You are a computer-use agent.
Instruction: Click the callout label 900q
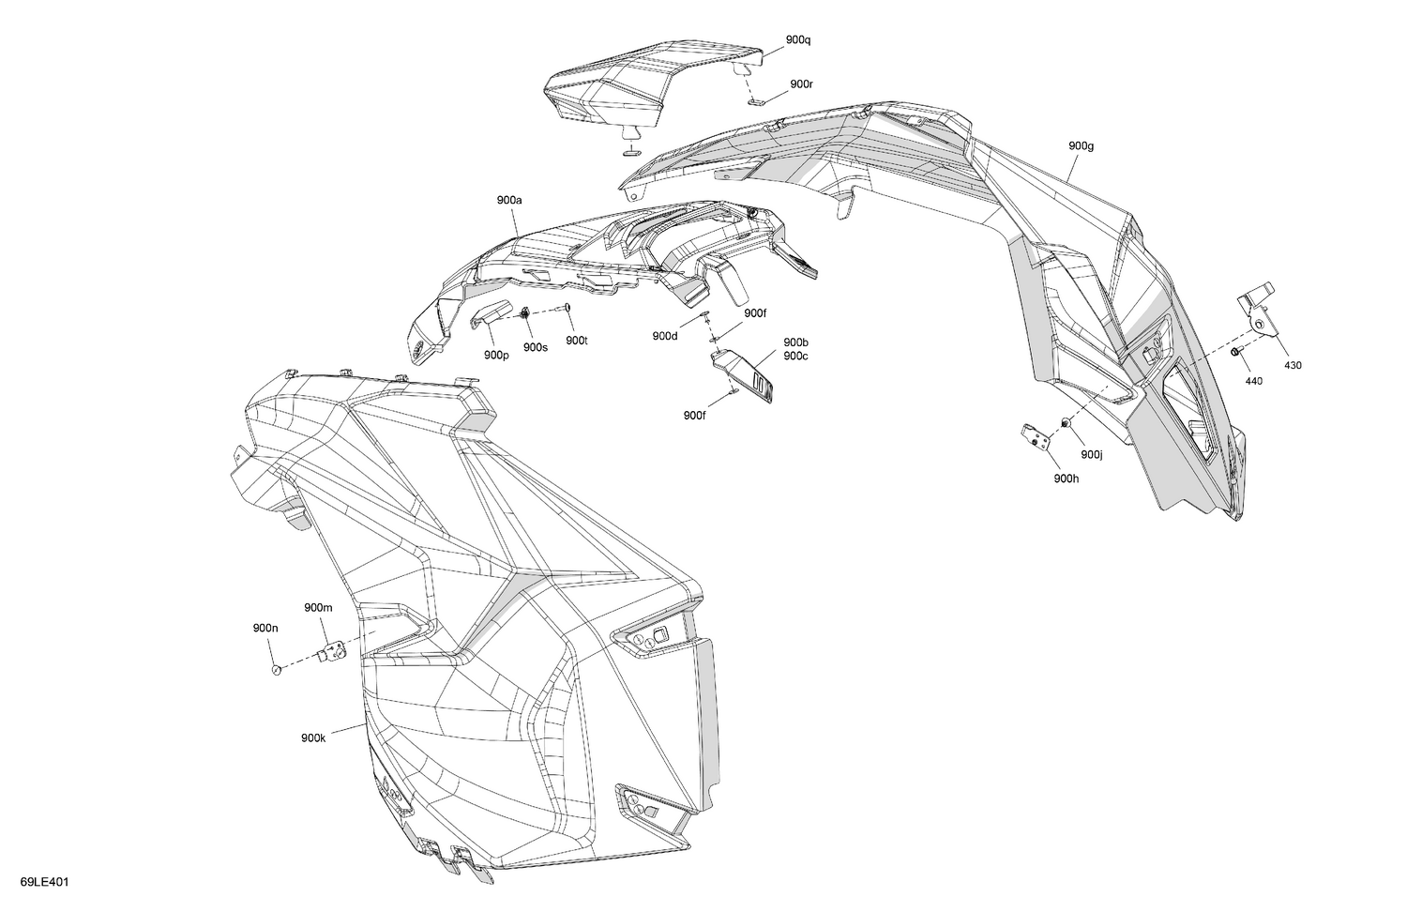coord(797,39)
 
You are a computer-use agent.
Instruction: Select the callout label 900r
coord(801,84)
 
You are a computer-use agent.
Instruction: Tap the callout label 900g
coord(1081,145)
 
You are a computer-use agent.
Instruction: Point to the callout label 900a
coord(509,200)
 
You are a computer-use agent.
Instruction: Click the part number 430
coord(1293,365)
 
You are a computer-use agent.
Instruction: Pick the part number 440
coord(1253,381)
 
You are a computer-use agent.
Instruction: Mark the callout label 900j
coord(1092,454)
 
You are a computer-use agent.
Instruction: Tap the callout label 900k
coord(313,738)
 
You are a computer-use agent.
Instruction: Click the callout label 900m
coord(319,607)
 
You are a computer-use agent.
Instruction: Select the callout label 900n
coord(265,628)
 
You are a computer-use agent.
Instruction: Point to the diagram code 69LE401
coord(45,882)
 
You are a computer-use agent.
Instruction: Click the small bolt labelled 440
coord(1235,352)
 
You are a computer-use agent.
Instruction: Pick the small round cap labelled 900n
coord(276,670)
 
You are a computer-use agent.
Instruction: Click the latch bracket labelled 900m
coord(333,652)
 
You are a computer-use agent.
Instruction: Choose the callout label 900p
coord(496,355)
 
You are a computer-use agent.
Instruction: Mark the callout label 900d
coord(665,336)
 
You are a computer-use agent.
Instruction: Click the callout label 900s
coord(536,347)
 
